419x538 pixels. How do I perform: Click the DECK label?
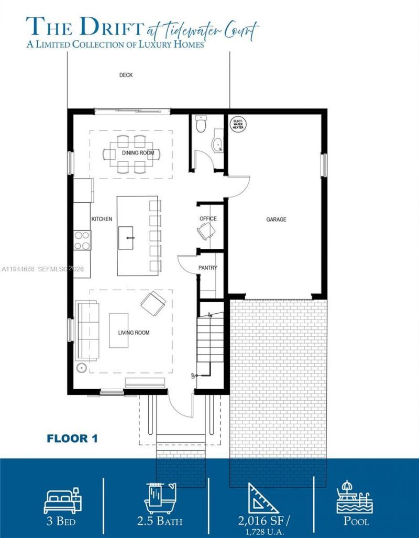tap(126, 75)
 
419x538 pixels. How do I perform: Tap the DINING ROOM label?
tap(138, 153)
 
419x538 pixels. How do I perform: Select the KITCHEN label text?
tap(102, 219)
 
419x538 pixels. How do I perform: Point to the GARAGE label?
tap(276, 219)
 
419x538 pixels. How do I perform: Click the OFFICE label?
tap(208, 219)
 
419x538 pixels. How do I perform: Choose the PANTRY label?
tap(207, 268)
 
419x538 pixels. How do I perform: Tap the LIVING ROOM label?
tap(134, 333)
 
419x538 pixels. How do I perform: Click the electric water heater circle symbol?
tap(239, 124)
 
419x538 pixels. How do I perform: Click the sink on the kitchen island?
tap(128, 238)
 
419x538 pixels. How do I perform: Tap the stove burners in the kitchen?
tap(82, 240)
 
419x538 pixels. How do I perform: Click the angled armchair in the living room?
tap(152, 303)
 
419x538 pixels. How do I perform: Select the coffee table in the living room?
tap(118, 330)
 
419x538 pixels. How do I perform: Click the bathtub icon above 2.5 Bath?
tap(160, 498)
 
